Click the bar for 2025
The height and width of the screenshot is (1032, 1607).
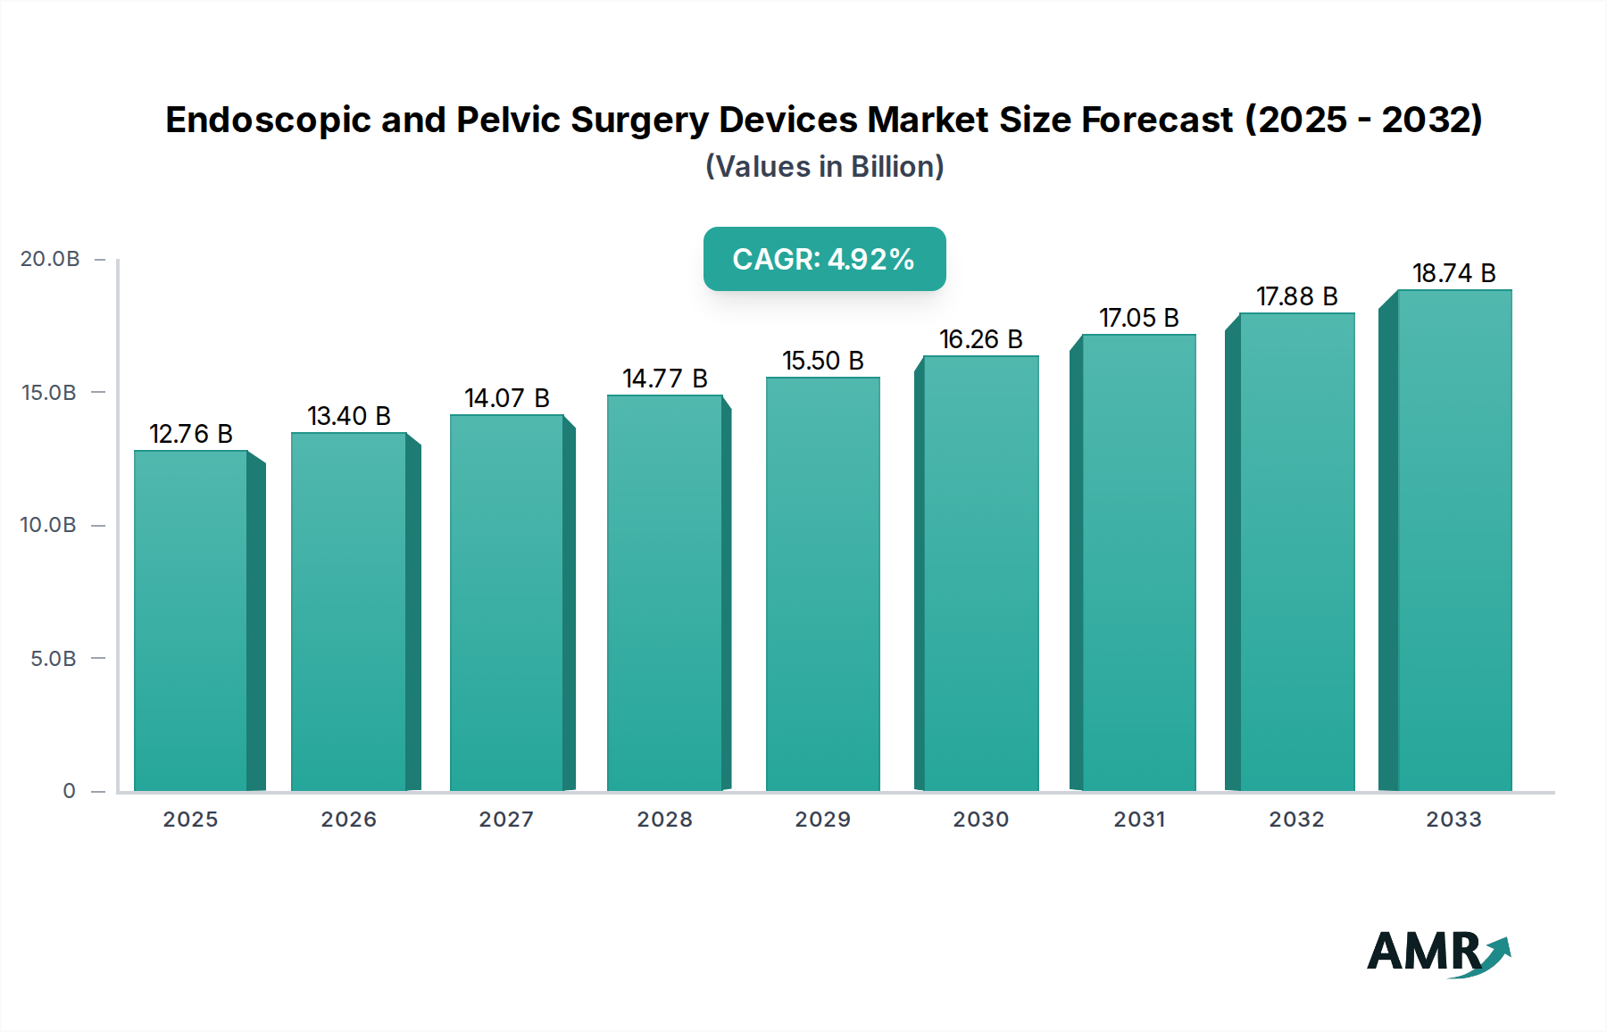[191, 620]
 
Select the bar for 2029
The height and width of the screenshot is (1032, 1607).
[822, 585]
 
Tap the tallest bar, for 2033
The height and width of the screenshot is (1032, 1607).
[1453, 540]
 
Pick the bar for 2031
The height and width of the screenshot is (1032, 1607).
[1138, 562]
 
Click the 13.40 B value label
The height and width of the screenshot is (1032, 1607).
[349, 416]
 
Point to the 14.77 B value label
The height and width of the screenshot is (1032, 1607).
[665, 379]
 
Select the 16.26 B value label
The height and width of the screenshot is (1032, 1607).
[980, 339]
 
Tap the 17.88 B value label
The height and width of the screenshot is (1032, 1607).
[1296, 296]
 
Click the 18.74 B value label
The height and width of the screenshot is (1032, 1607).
[1453, 273]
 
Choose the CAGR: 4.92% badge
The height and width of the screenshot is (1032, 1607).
[824, 259]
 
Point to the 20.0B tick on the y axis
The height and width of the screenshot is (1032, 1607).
[50, 259]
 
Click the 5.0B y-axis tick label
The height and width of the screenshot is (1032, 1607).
[54, 659]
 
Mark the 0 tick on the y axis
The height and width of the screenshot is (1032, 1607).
[69, 791]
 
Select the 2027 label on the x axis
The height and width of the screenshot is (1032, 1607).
[506, 820]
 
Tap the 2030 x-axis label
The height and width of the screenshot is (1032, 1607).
[980, 820]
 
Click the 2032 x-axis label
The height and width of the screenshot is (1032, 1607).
[1296, 820]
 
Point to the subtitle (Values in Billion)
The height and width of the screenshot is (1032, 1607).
[824, 167]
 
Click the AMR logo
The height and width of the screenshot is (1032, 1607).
[1437, 953]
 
